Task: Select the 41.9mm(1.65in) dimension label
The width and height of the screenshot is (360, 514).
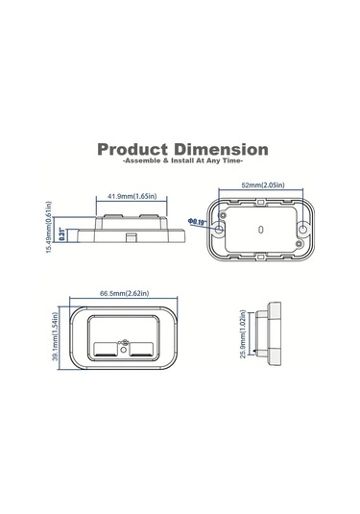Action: [132, 196]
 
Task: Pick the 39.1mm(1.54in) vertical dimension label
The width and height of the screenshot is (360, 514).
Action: [57, 343]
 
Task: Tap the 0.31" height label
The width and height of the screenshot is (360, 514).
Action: [63, 233]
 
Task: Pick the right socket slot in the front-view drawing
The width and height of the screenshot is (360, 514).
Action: [141, 348]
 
